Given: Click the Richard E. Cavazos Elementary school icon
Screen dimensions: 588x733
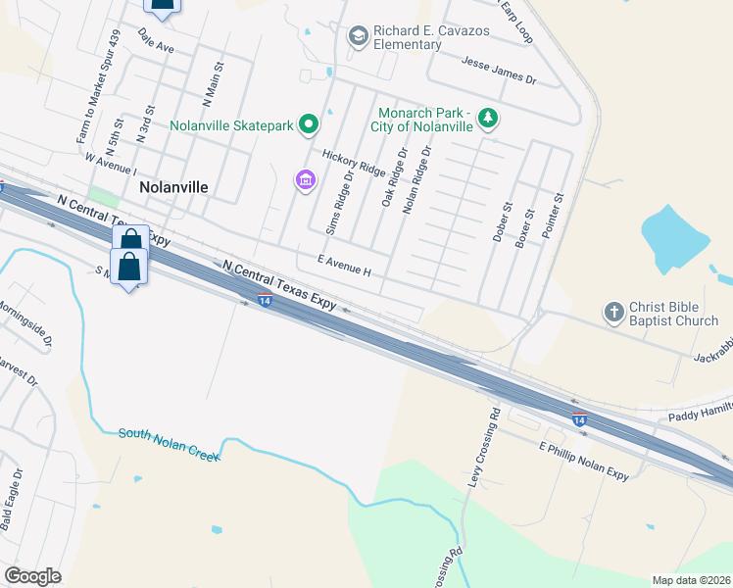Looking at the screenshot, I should (358, 36).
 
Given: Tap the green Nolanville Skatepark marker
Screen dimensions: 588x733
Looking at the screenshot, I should (309, 124).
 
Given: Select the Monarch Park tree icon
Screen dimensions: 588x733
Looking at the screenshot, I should (488, 119).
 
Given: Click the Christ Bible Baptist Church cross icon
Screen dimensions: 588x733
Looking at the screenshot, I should (613, 313).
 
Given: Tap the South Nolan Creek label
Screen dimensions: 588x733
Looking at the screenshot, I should (165, 436).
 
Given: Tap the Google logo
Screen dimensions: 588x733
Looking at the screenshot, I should (32, 575).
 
